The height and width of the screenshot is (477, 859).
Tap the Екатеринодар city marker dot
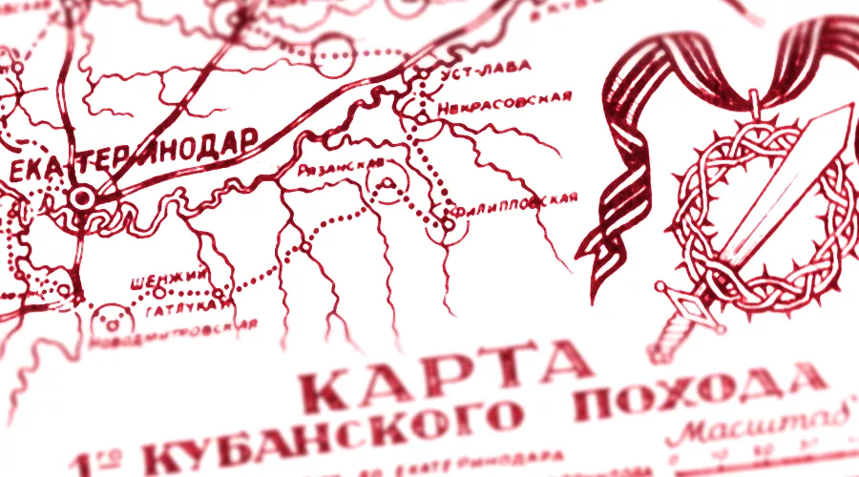click(x=83, y=197)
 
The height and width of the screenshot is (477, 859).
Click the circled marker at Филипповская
click(x=448, y=225)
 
